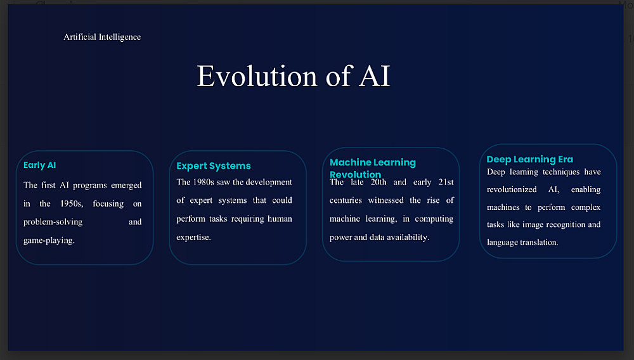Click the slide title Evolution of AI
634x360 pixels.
293,76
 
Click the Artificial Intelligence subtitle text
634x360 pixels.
102,37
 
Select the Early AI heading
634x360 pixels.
39,165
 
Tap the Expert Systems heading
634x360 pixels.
214,166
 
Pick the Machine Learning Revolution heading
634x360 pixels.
372,169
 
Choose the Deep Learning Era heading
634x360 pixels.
529,159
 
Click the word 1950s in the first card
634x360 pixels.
72,203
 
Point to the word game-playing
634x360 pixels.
49,241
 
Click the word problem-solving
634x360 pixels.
53,222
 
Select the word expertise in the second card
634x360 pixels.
193,238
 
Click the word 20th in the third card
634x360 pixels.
378,183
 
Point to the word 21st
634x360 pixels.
446,183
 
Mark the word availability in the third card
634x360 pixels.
408,238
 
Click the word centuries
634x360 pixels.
346,200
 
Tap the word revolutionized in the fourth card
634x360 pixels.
512,190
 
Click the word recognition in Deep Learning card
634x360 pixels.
565,225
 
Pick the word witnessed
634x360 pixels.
385,200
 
